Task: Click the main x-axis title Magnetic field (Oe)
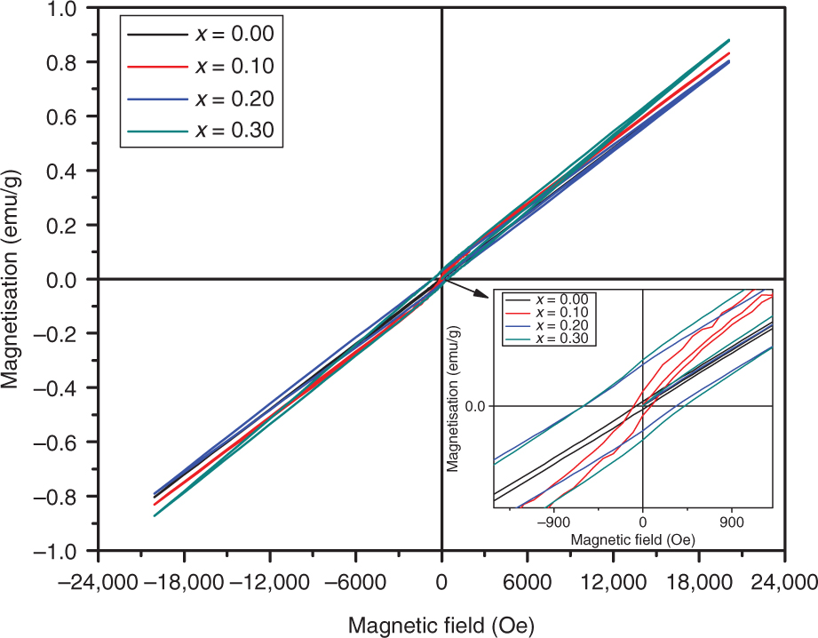tap(441, 625)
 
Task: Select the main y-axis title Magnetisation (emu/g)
tap(12, 279)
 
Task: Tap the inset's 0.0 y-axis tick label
tap(477, 406)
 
